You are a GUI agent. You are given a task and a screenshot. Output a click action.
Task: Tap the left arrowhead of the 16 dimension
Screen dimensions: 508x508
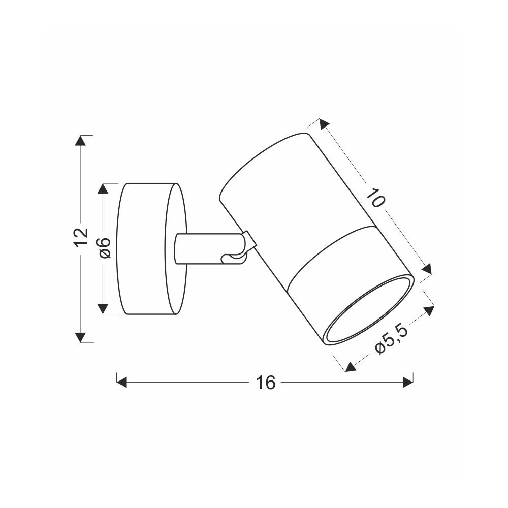[x=121, y=383]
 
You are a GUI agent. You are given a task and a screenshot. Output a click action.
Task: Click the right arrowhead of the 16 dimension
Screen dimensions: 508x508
[x=408, y=383]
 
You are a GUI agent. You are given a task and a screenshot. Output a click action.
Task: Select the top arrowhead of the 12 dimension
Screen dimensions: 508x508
[x=81, y=140]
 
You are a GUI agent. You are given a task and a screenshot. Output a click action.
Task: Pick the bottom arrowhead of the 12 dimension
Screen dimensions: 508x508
[x=81, y=337]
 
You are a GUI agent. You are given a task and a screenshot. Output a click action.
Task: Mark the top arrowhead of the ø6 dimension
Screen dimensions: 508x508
[x=103, y=188]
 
